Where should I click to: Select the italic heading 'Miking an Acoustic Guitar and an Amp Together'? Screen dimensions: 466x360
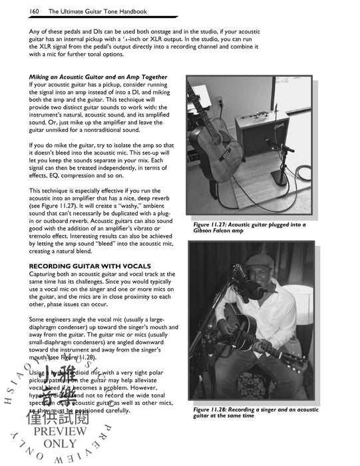98,77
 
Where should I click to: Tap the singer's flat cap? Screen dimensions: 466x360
258,256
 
